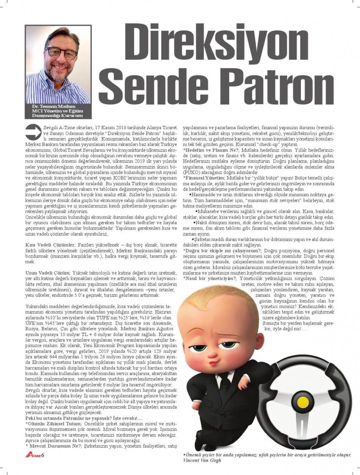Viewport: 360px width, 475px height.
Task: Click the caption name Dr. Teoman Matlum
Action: tap(54, 106)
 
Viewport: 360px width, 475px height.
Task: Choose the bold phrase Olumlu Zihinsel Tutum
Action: tap(53, 423)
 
